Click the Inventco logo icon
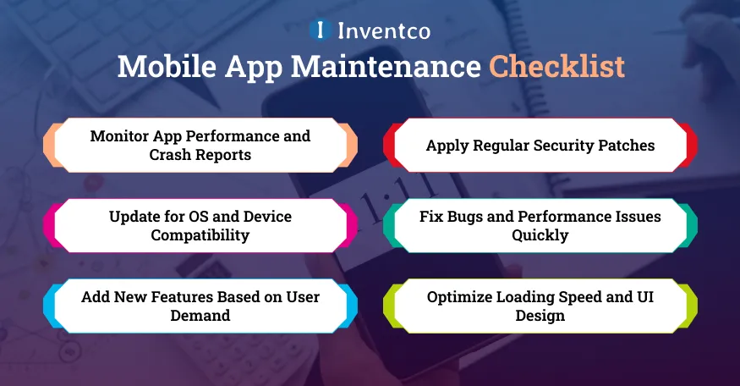point(320,30)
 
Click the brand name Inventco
point(384,31)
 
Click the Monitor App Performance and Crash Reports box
point(200,145)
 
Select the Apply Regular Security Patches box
point(540,145)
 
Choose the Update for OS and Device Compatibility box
point(200,225)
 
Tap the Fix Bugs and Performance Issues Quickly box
point(540,225)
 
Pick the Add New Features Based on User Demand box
point(200,306)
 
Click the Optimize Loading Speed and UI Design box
point(540,306)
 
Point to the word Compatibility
point(200,234)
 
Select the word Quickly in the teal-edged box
point(540,234)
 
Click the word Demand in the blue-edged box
point(200,315)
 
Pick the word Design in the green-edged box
point(540,315)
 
